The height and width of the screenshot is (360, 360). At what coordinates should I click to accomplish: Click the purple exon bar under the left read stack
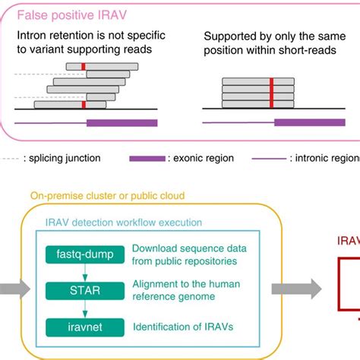tap(122, 122)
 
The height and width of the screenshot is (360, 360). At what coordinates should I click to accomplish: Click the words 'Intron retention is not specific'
tap(87, 36)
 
